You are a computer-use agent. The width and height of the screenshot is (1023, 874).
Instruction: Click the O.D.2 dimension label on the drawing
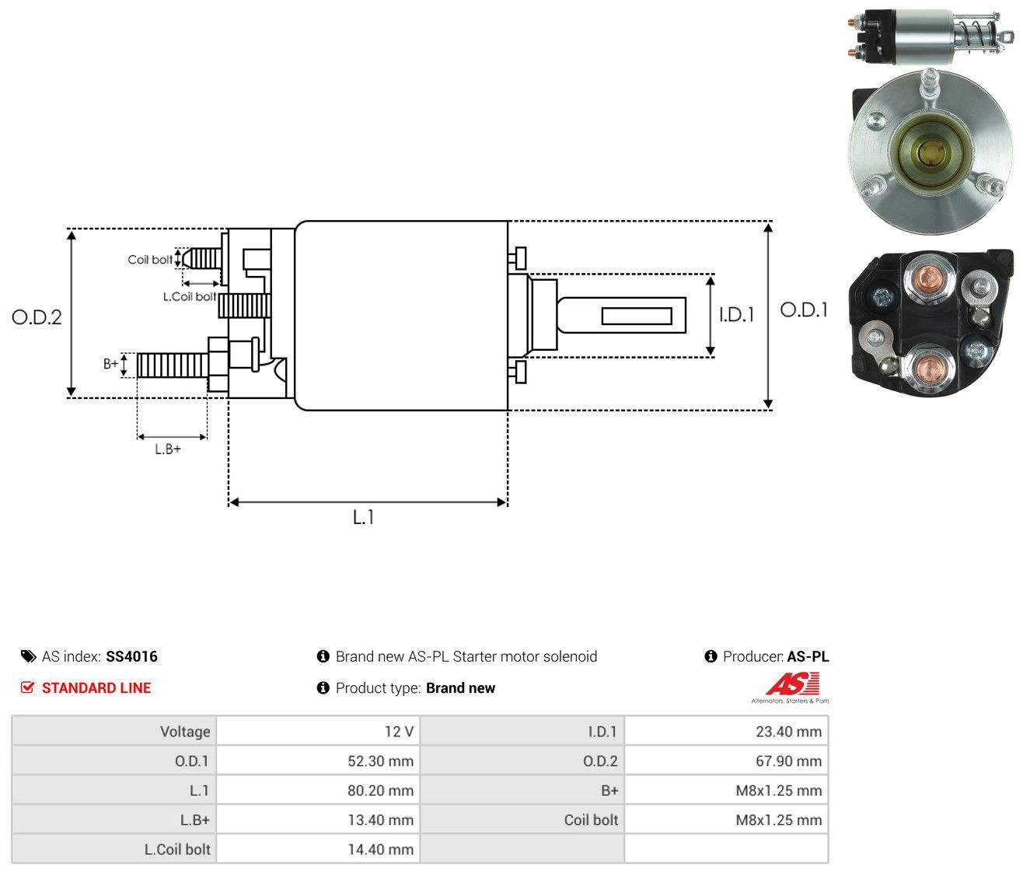pos(37,317)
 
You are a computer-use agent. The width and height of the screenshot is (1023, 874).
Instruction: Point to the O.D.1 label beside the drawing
pos(803,310)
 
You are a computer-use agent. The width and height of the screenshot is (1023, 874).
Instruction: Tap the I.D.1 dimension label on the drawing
pos(736,314)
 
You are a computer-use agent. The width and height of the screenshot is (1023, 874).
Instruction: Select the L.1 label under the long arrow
pos(363,517)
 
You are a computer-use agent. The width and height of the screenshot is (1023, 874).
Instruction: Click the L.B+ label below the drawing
pos(168,449)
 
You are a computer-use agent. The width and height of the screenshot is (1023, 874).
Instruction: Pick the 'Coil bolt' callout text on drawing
pos(150,260)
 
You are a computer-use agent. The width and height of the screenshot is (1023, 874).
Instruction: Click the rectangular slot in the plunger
pos(637,316)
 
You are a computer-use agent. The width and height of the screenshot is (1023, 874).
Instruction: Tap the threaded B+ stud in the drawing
pos(173,365)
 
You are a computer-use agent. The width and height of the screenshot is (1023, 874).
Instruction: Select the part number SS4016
pos(131,656)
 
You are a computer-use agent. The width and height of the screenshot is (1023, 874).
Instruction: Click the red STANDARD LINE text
pos(96,687)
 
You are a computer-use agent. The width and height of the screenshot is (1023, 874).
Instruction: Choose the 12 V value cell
pos(318,731)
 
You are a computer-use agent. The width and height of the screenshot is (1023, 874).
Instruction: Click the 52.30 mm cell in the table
pos(318,760)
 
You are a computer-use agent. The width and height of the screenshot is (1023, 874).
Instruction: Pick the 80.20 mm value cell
pos(318,790)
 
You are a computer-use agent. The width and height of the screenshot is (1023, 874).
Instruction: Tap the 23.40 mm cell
pos(726,731)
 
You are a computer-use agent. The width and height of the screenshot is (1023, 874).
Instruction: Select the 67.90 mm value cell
pos(726,760)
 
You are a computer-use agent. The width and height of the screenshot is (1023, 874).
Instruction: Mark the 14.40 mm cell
pos(318,849)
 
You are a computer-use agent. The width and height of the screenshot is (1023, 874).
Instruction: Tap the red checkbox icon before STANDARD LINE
pos(27,687)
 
